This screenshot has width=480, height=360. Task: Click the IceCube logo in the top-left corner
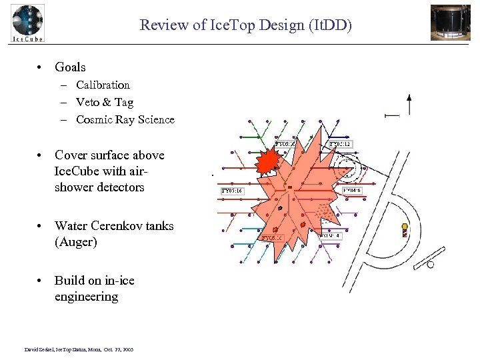coord(27,23)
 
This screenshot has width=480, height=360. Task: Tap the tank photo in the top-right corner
coord(450,22)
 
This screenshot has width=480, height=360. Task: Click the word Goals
coord(70,67)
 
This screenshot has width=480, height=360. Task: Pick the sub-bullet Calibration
coord(103,85)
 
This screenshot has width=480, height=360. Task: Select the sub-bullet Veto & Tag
coord(105,102)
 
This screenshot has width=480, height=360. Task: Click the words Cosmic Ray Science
coord(125,120)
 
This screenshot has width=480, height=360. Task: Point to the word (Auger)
coord(76,242)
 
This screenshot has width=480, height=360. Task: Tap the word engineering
coord(86,297)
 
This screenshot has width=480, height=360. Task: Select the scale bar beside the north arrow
coord(392,115)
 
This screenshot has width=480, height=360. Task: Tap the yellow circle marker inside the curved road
coord(405,227)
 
